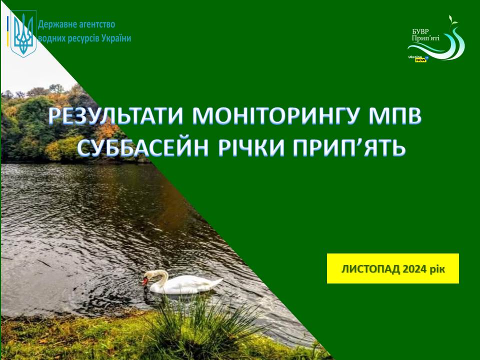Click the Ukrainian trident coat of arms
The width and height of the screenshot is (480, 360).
(x=23, y=33)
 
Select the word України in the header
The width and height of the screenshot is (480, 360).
(x=116, y=38)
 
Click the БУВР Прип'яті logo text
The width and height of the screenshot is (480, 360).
(x=425, y=35)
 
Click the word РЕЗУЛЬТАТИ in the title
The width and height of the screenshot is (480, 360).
(x=116, y=116)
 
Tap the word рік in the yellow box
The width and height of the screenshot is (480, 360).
(x=437, y=269)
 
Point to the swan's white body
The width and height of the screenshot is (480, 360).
(x=186, y=284)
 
